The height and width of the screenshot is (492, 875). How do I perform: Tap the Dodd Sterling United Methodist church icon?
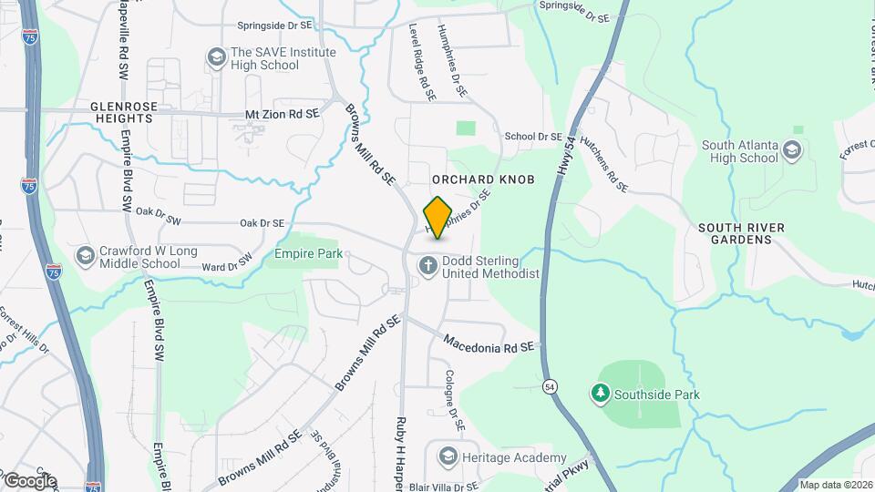(x=427, y=266)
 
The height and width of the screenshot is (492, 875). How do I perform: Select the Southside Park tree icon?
(x=600, y=395)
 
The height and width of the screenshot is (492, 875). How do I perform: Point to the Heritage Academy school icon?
(x=448, y=456)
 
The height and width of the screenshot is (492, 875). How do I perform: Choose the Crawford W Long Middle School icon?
(x=85, y=255)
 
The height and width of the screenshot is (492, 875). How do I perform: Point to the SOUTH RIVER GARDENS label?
(x=736, y=233)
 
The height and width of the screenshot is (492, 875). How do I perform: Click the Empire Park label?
(x=308, y=254)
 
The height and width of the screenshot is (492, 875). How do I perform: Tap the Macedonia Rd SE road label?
(x=488, y=345)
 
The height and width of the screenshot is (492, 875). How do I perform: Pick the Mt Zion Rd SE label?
(x=283, y=114)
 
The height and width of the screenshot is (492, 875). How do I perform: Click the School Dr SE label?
(x=533, y=137)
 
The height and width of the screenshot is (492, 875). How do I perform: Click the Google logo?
(x=29, y=481)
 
